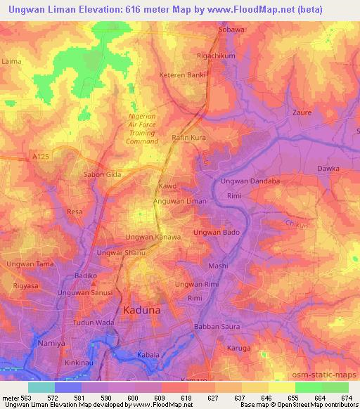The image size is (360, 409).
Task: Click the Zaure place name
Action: (x=301, y=112)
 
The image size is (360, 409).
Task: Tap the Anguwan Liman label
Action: (x=180, y=202)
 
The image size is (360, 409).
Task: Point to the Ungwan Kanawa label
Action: (x=153, y=237)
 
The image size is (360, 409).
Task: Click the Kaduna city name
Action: (x=142, y=309)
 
